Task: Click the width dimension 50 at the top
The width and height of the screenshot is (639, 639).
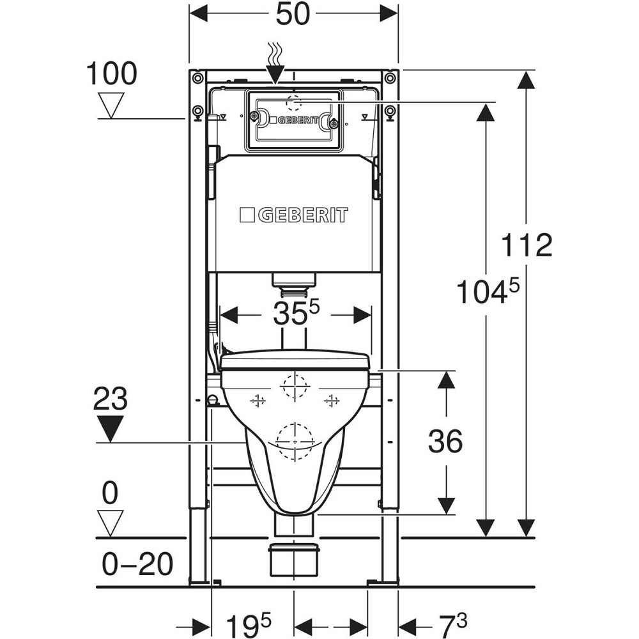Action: point(293,14)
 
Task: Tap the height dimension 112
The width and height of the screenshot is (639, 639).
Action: point(527,245)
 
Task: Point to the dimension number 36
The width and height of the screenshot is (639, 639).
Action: point(445,441)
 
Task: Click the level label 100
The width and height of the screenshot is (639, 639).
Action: point(112,74)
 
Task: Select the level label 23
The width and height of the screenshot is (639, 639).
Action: point(111,400)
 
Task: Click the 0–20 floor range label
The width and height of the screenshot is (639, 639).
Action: point(138,564)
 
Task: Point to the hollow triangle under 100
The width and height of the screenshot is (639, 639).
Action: point(112,104)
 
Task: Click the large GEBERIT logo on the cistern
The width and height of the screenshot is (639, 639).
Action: point(295,215)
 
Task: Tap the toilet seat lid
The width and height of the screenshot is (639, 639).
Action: point(295,360)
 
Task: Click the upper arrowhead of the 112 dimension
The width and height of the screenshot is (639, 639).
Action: point(526,81)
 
